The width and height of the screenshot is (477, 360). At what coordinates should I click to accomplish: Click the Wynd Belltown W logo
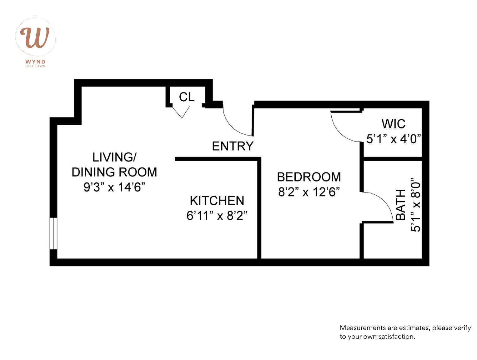pyautogui.click(x=35, y=37)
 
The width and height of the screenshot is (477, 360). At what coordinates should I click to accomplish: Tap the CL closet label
pyautogui.click(x=187, y=97)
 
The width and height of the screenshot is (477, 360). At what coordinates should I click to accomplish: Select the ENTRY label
pyautogui.click(x=233, y=146)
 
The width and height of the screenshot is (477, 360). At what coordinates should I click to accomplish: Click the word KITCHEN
pyautogui.click(x=217, y=201)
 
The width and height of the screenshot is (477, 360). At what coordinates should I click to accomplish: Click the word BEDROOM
pyautogui.click(x=309, y=177)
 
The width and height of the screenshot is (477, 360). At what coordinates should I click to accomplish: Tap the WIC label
pyautogui.click(x=393, y=124)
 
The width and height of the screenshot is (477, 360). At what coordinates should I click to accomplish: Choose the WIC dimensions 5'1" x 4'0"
pyautogui.click(x=393, y=139)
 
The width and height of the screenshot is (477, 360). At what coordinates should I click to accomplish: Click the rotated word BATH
pyautogui.click(x=401, y=205)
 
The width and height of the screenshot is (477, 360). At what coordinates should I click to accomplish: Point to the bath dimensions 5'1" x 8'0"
pyautogui.click(x=416, y=205)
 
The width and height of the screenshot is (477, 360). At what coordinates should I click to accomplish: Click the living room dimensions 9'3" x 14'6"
pyautogui.click(x=114, y=187)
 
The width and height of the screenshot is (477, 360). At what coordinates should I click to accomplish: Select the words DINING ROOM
pyautogui.click(x=114, y=172)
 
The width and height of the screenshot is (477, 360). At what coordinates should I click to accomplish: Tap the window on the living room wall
pyautogui.click(x=53, y=233)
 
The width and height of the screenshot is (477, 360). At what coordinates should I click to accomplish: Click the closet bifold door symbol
pyautogui.click(x=181, y=112)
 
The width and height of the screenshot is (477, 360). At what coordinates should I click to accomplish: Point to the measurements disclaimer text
pyautogui.click(x=405, y=332)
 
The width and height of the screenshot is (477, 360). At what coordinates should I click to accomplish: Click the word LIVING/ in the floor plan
pyautogui.click(x=114, y=157)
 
